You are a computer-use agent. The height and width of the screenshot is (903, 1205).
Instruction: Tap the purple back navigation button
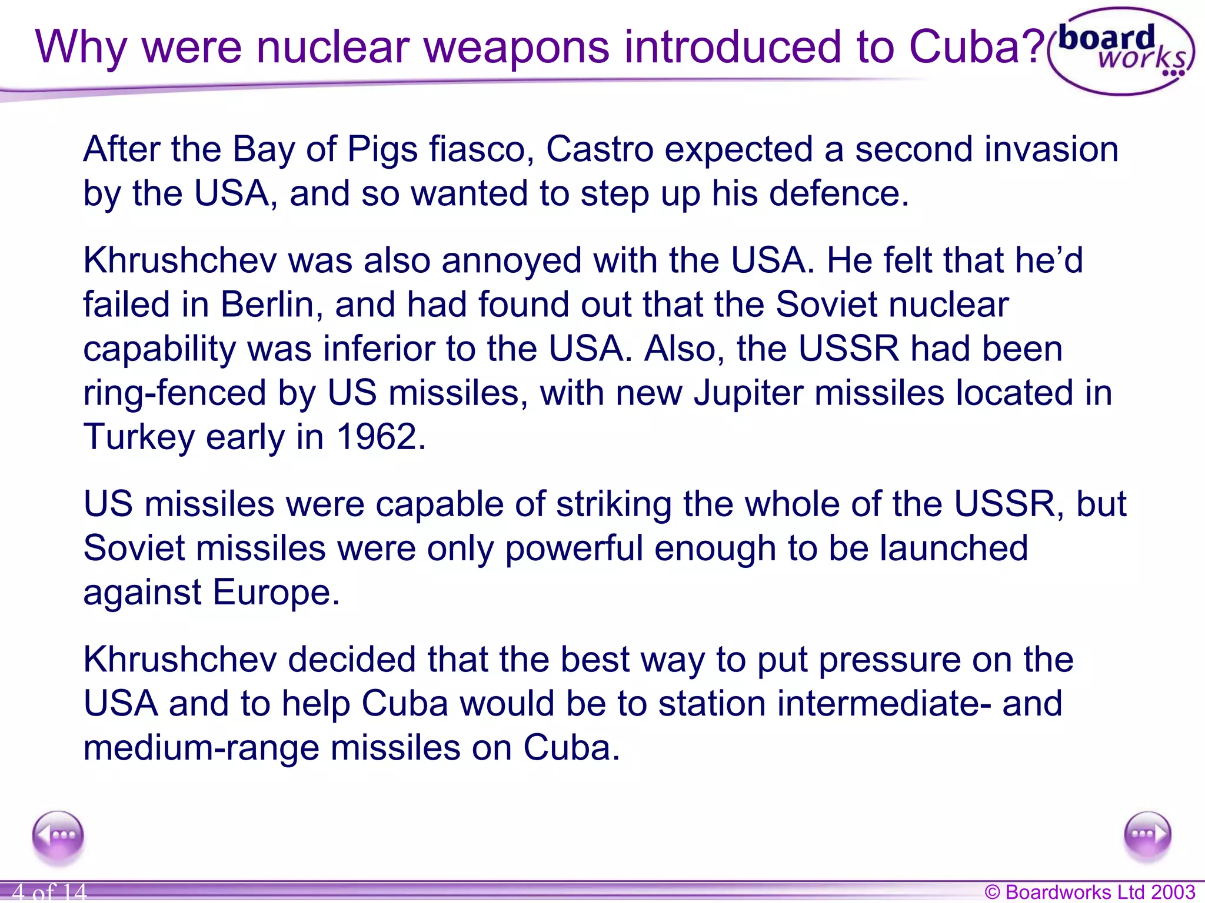(58, 835)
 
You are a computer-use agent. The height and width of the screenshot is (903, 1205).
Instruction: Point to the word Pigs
(382, 150)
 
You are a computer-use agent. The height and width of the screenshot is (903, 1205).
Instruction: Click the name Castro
(600, 149)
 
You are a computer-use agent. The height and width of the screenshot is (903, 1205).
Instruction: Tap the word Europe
(276, 592)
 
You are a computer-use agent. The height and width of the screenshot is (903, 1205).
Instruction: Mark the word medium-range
(201, 748)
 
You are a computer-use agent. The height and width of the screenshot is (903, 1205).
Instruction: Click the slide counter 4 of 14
(49, 892)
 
